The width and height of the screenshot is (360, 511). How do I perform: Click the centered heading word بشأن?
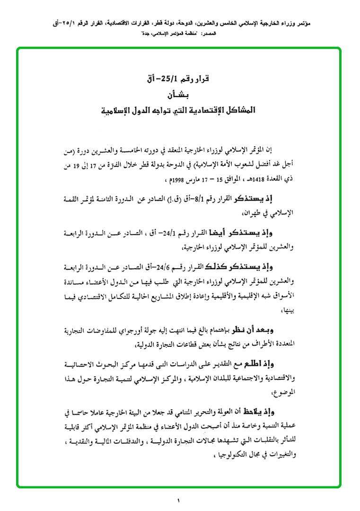179,94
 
